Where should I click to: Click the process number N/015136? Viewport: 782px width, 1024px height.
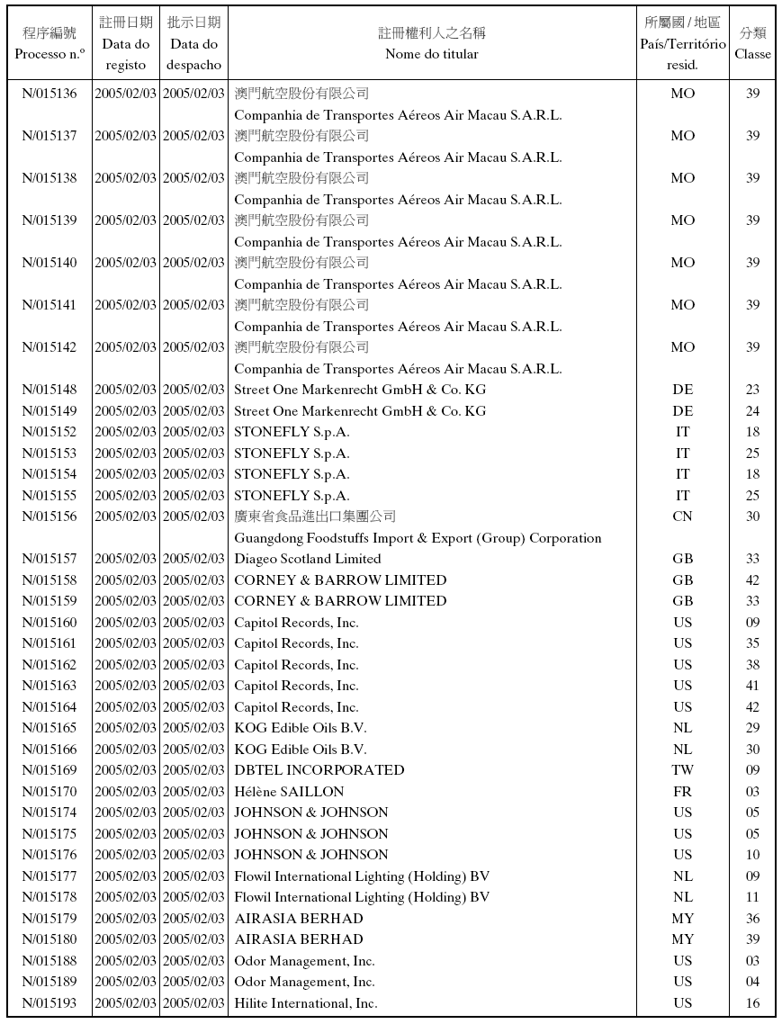pos(49,94)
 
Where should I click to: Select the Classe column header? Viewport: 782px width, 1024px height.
pos(752,43)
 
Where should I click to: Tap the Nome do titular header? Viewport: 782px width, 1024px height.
pos(431,43)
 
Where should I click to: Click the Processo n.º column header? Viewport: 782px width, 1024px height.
pos(49,43)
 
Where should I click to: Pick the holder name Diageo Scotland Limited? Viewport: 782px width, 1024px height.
pos(307,559)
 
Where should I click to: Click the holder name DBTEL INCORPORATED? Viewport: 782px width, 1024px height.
pos(319,770)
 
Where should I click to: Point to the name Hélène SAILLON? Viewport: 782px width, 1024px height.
pos(289,792)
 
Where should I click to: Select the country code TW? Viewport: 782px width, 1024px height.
pos(682,770)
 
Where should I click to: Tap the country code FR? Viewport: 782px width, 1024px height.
pos(682,792)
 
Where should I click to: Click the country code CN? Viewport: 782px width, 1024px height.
pos(682,516)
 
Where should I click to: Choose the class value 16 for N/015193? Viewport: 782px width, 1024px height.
pos(752,1003)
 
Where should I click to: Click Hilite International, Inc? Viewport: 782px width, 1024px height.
pos(305,1003)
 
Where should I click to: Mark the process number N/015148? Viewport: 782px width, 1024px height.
pos(49,390)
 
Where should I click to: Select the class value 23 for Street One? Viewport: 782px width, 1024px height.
pos(752,390)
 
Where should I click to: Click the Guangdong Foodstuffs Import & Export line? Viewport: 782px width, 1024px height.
pos(418,538)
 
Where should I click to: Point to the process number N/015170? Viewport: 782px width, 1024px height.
pos(49,792)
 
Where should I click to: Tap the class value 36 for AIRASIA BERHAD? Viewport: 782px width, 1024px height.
pos(752,919)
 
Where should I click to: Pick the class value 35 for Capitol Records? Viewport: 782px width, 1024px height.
pos(752,643)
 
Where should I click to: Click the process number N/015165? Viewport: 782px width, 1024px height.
pos(49,728)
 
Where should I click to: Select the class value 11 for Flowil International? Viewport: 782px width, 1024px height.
pos(752,897)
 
